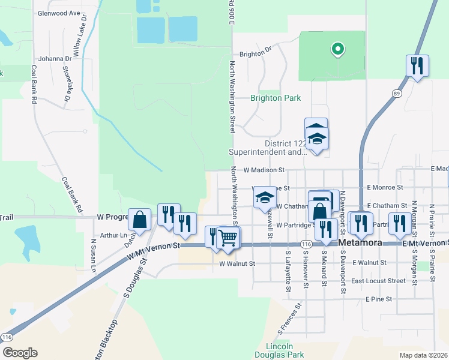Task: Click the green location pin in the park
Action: click(x=337, y=49)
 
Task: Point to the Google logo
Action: click(x=19, y=353)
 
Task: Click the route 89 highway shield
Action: click(x=397, y=94)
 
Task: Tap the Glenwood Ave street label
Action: click(x=58, y=13)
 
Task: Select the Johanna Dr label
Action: click(x=55, y=59)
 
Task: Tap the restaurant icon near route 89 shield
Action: click(x=417, y=65)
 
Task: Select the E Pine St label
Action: click(x=378, y=299)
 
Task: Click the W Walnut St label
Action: click(x=237, y=263)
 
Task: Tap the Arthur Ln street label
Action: click(x=114, y=236)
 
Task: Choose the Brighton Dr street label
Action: click(x=256, y=53)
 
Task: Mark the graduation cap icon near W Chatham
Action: click(x=264, y=199)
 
